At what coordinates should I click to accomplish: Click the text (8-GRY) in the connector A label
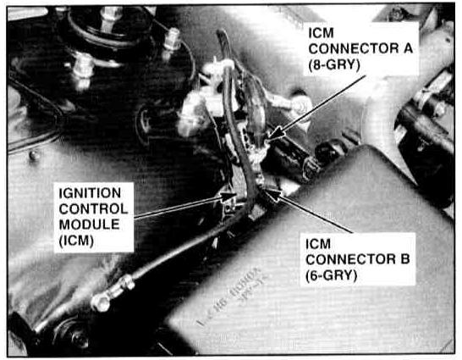click(334, 64)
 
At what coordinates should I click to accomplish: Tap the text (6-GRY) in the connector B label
click(331, 276)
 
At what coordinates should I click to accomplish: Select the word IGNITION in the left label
click(90, 193)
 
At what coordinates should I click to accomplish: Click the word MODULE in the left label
click(90, 224)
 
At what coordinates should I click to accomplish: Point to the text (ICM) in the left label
click(76, 241)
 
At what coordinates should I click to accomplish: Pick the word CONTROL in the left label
click(93, 209)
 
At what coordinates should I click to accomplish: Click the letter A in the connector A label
click(408, 48)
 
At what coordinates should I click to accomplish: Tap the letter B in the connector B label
click(404, 259)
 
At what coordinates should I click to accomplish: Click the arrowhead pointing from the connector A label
click(276, 133)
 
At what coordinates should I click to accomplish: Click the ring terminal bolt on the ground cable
click(101, 302)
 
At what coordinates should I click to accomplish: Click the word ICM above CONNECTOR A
click(321, 33)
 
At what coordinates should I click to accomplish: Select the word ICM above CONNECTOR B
click(318, 244)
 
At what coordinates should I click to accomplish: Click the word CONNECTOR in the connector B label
click(350, 259)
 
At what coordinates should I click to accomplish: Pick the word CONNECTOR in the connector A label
click(354, 48)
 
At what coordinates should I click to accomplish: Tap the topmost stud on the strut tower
click(110, 14)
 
